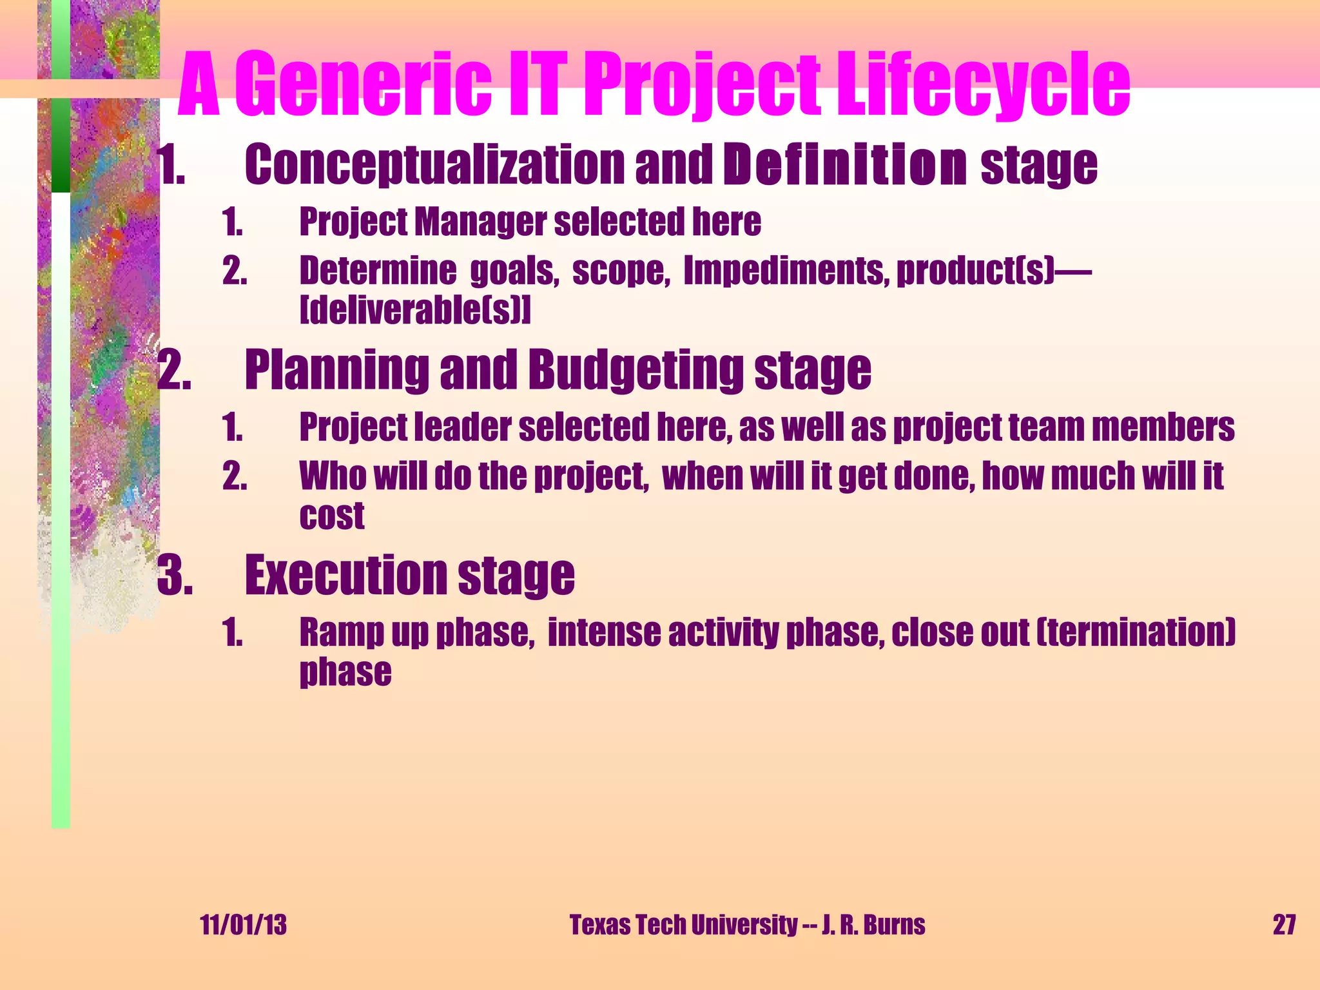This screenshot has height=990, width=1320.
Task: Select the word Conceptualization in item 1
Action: [x=435, y=165]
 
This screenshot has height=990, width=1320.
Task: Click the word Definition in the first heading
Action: [x=844, y=165]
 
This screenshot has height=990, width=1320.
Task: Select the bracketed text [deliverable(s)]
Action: [x=416, y=311]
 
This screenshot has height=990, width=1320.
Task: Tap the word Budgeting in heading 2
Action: [x=635, y=370]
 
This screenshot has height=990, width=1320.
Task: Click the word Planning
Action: [x=336, y=370]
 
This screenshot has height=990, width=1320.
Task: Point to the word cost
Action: [x=332, y=516]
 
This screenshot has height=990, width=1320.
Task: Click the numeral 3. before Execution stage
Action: [x=175, y=575]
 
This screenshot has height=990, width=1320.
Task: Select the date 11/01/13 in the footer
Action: [x=244, y=925]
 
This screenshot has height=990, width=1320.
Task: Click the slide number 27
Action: [x=1284, y=925]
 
